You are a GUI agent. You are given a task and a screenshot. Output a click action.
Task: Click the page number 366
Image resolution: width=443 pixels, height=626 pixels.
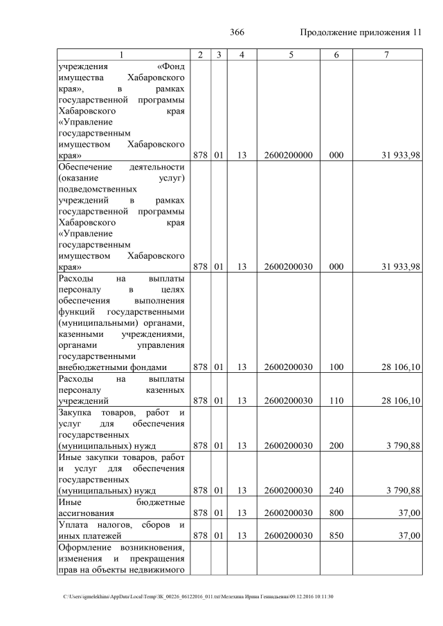237,33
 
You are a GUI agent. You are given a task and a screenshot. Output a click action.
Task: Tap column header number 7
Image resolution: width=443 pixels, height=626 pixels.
386,55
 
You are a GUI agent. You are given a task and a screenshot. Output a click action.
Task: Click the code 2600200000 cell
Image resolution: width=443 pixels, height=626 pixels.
288,156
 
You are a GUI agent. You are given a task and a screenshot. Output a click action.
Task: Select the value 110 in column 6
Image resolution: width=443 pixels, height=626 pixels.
336,401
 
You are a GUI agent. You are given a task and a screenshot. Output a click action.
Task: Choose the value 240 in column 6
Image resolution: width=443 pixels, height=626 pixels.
336,490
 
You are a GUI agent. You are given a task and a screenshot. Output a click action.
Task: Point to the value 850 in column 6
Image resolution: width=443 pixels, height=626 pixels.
336,535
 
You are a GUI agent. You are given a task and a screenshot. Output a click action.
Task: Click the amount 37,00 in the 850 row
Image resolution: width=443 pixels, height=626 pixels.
407,535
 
